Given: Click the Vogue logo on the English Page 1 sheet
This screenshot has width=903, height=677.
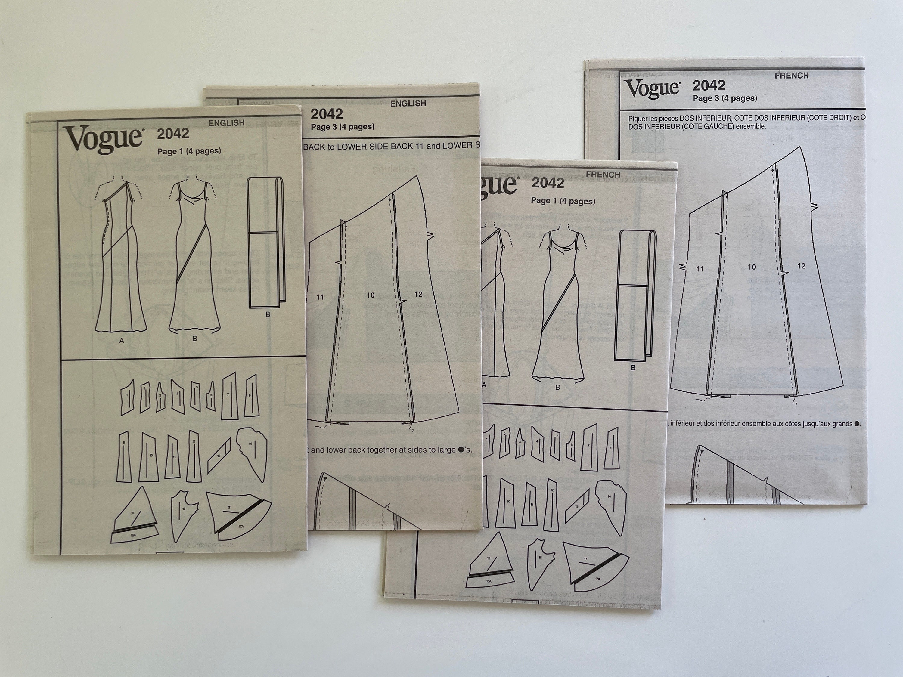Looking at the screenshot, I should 103,139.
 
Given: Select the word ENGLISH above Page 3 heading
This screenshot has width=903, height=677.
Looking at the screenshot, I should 408,104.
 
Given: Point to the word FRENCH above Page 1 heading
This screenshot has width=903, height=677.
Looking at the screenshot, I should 603,175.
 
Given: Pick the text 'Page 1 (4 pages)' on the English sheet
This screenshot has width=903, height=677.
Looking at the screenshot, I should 189,151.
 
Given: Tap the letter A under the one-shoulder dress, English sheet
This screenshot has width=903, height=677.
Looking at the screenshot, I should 121,340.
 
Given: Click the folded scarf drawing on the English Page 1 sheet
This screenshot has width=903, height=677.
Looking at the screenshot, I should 266,243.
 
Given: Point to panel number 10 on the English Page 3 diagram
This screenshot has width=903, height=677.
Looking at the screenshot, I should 370,295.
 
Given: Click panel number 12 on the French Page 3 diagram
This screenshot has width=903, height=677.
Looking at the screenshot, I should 801,266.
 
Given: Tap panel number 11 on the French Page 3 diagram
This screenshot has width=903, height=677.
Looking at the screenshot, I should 700,269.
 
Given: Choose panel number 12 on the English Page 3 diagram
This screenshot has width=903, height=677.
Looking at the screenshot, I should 418,294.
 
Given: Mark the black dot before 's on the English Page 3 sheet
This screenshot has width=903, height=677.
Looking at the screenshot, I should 461,450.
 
